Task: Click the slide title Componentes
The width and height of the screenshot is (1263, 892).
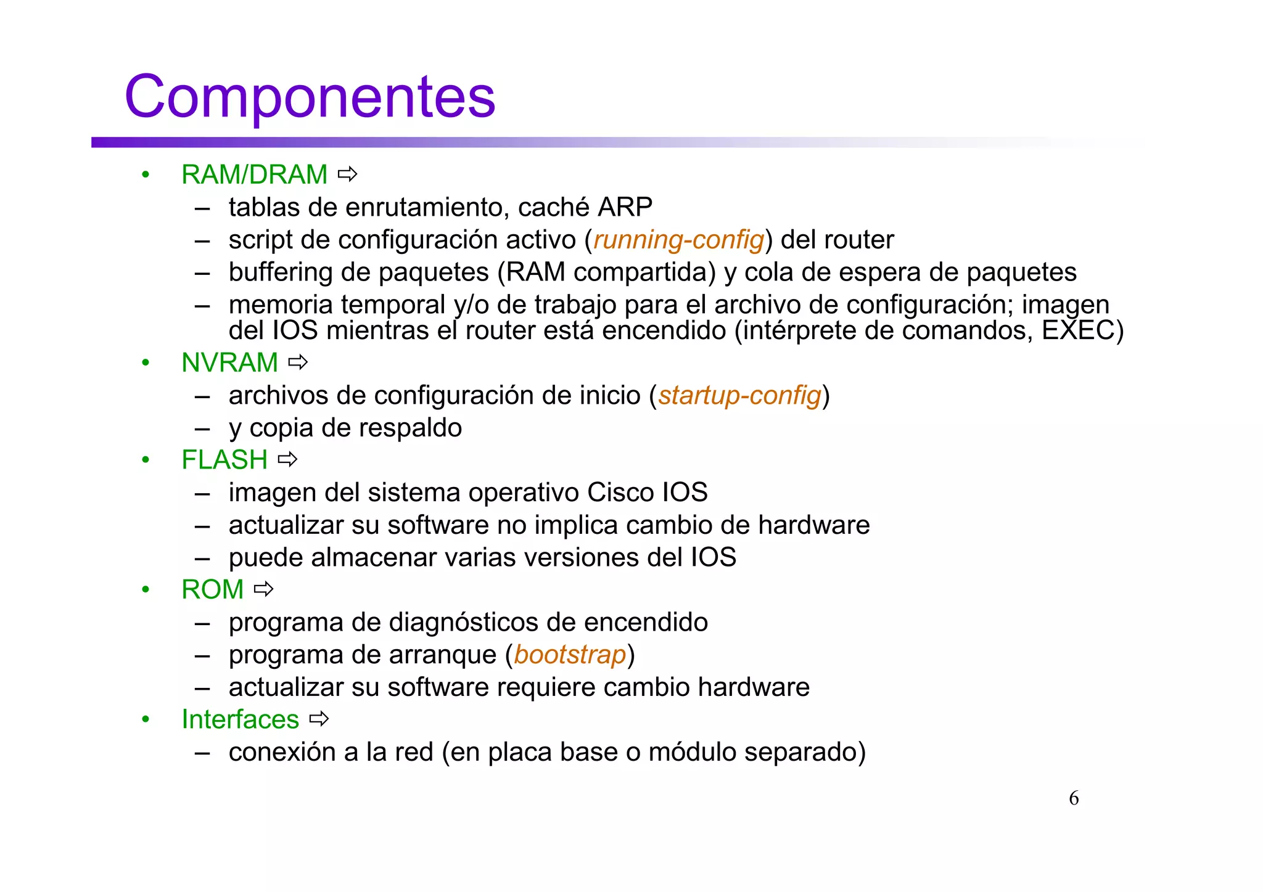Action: click(x=310, y=97)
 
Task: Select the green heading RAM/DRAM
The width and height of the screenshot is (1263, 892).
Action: click(x=254, y=174)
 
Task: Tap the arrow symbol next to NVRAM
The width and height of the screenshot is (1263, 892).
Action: click(x=298, y=362)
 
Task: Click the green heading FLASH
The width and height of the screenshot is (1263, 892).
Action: click(x=224, y=460)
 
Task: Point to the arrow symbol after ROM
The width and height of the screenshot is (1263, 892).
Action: click(x=263, y=589)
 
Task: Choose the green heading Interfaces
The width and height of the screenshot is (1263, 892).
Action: click(x=240, y=719)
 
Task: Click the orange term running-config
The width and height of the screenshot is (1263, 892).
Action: click(x=678, y=240)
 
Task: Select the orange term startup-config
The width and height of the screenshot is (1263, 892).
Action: click(x=739, y=395)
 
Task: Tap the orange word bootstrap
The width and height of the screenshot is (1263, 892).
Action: click(x=570, y=655)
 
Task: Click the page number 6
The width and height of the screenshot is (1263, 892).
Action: click(x=1074, y=798)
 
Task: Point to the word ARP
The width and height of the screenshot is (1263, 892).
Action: click(x=625, y=207)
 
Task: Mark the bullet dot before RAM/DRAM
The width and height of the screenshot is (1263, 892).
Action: click(x=146, y=175)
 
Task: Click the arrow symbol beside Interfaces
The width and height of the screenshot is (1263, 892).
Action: click(x=319, y=719)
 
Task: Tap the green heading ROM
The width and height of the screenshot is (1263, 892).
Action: click(x=213, y=590)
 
